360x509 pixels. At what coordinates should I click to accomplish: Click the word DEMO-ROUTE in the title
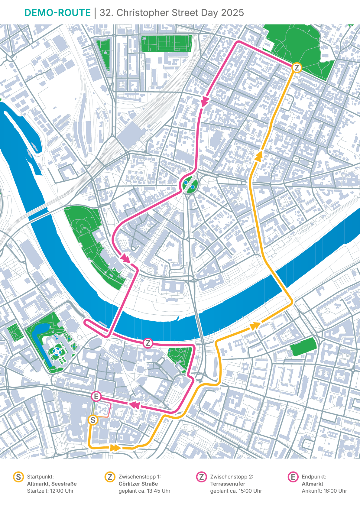57,13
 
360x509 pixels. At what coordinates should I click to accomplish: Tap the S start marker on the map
93,420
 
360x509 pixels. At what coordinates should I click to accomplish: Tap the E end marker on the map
96,396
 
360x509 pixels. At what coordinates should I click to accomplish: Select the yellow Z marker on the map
297,68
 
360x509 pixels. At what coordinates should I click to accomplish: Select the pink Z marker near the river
148,343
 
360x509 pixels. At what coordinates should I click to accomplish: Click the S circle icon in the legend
18,477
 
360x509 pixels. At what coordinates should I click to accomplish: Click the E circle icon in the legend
293,477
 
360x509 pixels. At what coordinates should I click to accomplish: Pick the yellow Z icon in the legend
110,477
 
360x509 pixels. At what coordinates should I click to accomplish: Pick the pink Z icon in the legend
201,477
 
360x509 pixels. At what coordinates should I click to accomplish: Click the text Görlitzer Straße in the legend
138,484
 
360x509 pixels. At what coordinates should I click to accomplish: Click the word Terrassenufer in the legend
228,484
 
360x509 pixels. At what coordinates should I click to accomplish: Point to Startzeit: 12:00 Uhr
50,491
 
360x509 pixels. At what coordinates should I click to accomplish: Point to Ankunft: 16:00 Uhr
324,491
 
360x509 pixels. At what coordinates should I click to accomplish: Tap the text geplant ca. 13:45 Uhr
144,491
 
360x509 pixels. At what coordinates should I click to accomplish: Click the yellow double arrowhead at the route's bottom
115,448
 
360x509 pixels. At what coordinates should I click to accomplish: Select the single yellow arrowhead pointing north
259,156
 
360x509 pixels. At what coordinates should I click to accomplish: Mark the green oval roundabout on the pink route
190,184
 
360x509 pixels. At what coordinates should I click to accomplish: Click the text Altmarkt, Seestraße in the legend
52,484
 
